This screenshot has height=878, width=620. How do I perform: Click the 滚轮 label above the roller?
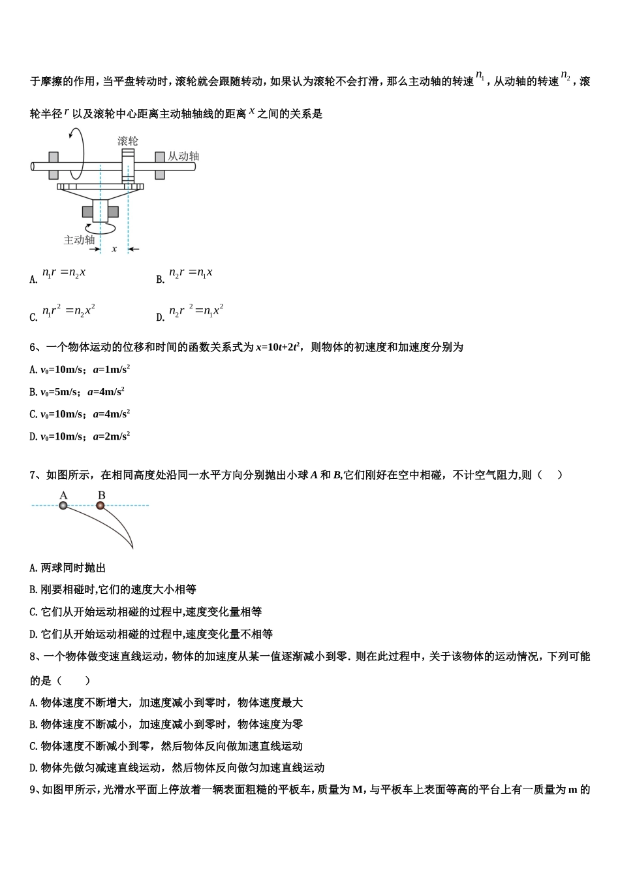click(128, 140)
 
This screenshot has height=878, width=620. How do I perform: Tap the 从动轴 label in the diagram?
click(183, 156)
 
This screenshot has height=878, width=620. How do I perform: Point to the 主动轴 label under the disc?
click(79, 240)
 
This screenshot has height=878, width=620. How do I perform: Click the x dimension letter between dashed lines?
click(114, 249)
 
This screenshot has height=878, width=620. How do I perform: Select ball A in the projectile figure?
click(63, 506)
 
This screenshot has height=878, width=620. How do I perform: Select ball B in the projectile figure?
click(101, 506)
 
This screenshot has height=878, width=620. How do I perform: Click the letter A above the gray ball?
click(63, 495)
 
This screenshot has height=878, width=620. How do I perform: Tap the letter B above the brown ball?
click(101, 495)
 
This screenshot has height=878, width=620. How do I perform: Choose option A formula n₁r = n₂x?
click(64, 272)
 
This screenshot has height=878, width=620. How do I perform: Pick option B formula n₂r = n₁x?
click(191, 272)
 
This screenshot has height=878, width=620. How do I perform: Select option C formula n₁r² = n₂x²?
click(69, 310)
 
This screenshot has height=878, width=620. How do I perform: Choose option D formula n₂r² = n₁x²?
click(196, 310)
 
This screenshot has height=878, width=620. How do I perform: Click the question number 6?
click(33, 348)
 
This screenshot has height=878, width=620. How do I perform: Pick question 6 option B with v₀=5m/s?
click(77, 391)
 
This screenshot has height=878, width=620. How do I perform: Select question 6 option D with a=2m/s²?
click(80, 436)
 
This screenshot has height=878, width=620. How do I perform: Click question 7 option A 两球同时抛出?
click(67, 568)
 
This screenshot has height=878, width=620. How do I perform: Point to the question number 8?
click(33, 657)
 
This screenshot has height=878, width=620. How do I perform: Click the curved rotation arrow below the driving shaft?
click(101, 228)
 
